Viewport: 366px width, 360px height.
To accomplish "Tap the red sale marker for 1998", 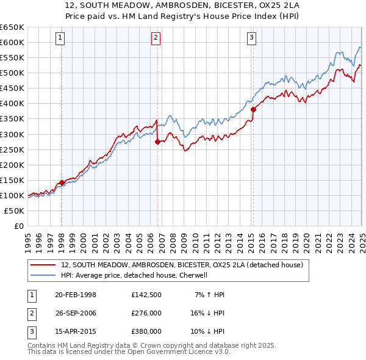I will (62, 182).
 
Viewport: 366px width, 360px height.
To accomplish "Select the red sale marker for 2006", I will (157, 142).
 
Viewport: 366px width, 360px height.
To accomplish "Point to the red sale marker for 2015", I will (253, 109).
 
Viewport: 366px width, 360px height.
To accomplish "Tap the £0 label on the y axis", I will (18, 226).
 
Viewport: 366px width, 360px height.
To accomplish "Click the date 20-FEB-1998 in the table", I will (76, 295).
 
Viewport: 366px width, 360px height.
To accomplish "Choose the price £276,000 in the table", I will (146, 314).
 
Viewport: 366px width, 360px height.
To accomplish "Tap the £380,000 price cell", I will (146, 333).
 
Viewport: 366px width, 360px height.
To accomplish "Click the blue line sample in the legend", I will (43, 275).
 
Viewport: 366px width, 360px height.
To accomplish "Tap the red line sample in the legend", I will (43, 265).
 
